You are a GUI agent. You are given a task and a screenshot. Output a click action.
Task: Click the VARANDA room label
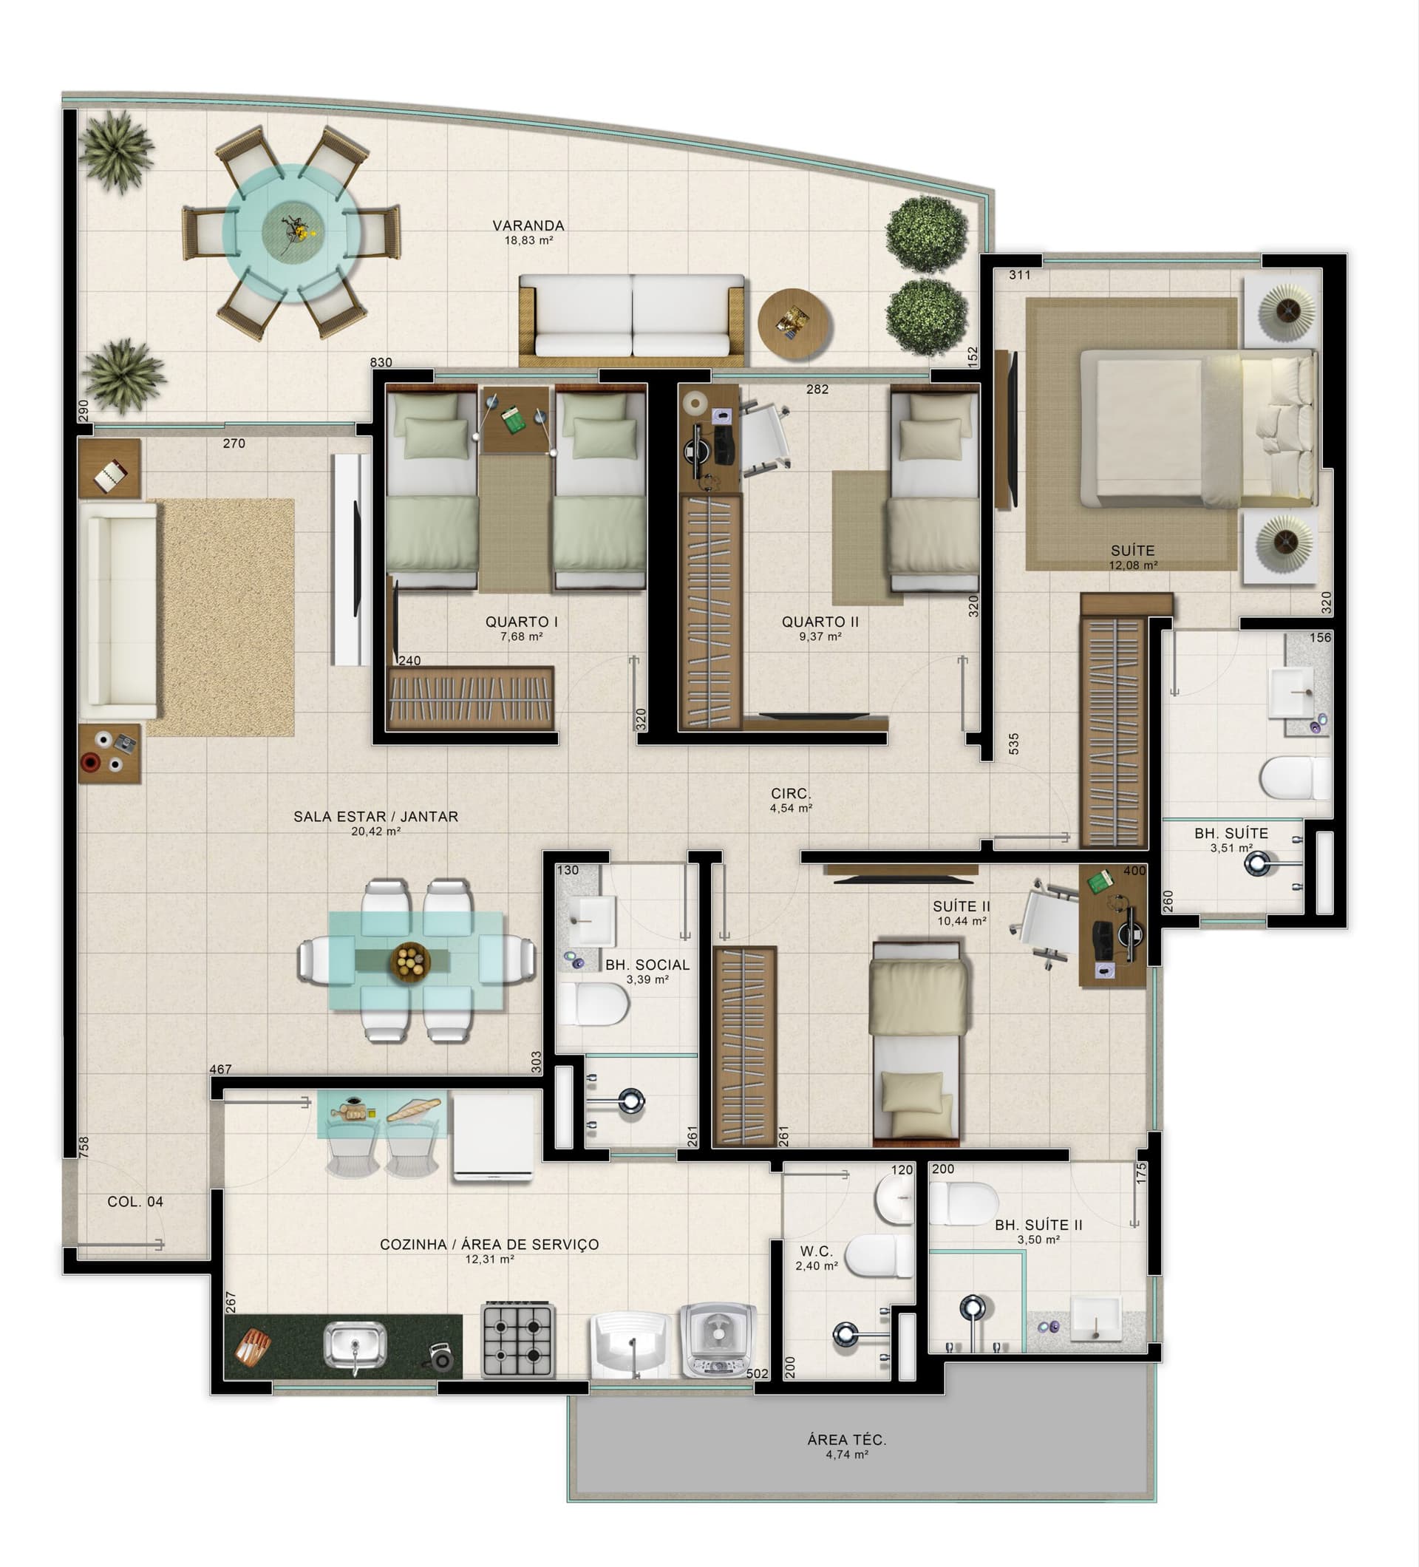tap(528, 225)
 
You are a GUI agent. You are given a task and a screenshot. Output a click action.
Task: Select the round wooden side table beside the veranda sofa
tap(794, 324)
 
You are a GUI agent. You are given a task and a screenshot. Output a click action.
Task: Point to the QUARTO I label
tap(522, 622)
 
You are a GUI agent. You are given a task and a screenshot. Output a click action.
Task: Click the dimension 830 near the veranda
tap(381, 362)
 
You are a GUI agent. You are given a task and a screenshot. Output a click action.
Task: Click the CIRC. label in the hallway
tap(790, 794)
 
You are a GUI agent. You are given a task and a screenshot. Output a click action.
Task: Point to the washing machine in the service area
tap(718, 1339)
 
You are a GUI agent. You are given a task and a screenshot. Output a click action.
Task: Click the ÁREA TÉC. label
tap(846, 1440)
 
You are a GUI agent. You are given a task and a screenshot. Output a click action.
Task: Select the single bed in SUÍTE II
tap(919, 1041)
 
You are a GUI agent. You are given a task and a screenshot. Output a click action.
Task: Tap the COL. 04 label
tap(135, 1202)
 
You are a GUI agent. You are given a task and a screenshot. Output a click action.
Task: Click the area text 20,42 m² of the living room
tap(375, 832)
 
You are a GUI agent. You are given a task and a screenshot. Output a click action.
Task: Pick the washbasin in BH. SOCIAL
tap(591, 920)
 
